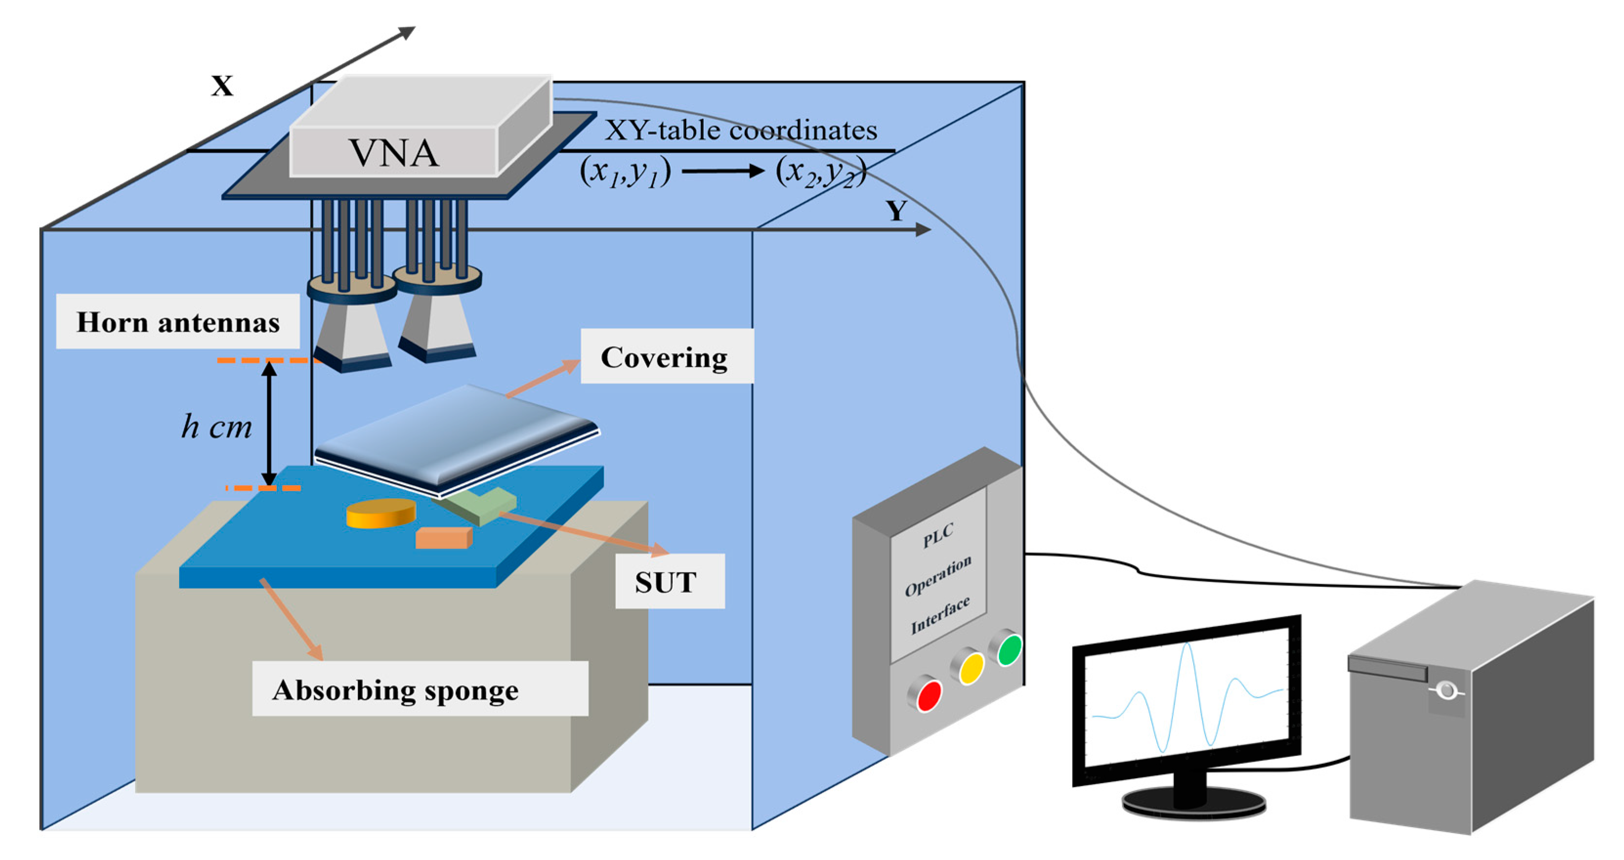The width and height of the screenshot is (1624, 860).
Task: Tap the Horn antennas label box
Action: (x=178, y=322)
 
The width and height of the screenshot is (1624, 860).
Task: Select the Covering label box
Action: (x=666, y=357)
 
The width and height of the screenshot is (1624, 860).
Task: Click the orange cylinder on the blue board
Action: (x=381, y=513)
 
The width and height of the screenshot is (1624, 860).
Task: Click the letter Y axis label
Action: (x=896, y=210)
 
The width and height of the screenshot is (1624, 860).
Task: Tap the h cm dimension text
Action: (x=216, y=427)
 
